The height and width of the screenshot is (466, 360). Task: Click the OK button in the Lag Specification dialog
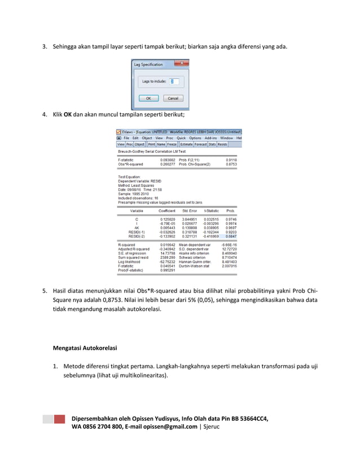pyautogui.click(x=148, y=98)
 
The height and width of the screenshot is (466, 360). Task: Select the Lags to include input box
pyautogui.click(x=174, y=82)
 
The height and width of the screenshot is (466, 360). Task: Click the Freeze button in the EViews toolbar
pyautogui.click(x=172, y=144)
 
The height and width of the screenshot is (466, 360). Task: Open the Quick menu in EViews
pyautogui.click(x=181, y=138)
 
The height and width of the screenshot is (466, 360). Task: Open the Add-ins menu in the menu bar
pyautogui.click(x=211, y=138)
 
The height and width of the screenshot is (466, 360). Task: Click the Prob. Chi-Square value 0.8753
pyautogui.click(x=231, y=164)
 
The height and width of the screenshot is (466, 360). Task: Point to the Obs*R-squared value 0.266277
pyautogui.click(x=168, y=164)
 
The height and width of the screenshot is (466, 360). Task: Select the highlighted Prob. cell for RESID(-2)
pyautogui.click(x=231, y=236)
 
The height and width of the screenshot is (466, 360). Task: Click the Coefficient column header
pyautogui.click(x=167, y=210)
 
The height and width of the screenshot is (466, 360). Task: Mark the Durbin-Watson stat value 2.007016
pyautogui.click(x=230, y=266)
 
